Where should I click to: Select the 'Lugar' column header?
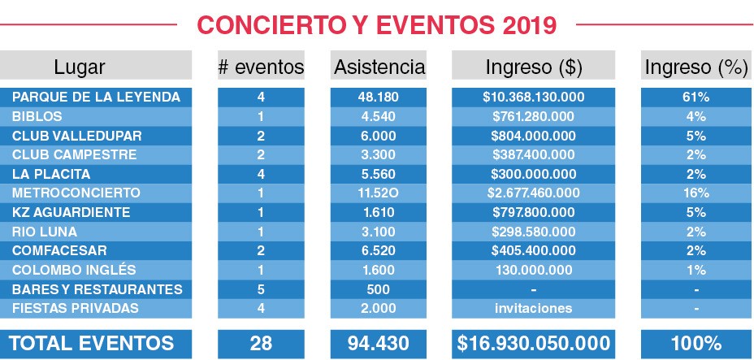[x=79, y=67]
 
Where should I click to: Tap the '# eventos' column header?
[x=261, y=67]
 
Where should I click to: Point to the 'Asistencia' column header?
[x=379, y=67]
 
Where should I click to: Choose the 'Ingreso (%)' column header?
[x=696, y=67]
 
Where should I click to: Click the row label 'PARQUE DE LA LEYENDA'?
[x=96, y=97]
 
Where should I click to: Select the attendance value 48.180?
[x=379, y=97]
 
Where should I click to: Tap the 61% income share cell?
[x=696, y=97]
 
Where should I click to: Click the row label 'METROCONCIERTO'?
[x=76, y=193]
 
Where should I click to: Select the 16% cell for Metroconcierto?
[x=696, y=193]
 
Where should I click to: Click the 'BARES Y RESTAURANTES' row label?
[x=97, y=289]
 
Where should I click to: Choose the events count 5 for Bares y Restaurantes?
[x=261, y=289]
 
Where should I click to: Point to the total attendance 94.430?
[x=379, y=343]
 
